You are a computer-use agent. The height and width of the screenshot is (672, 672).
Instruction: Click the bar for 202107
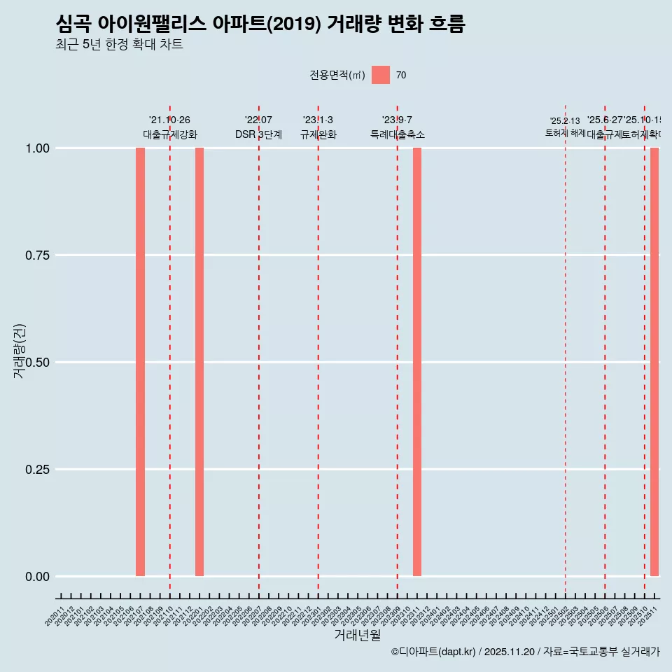140,362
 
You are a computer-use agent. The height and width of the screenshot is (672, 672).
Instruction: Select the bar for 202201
199,362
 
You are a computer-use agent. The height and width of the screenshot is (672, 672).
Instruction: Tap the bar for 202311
417,362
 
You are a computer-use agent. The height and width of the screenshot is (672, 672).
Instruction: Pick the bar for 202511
654,362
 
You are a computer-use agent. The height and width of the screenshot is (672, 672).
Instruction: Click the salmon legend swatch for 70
381,75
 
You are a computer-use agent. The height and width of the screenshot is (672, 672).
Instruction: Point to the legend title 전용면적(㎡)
337,75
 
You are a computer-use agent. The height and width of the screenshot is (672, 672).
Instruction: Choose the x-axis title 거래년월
357,635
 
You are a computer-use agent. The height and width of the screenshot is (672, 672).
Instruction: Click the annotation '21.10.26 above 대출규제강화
169,120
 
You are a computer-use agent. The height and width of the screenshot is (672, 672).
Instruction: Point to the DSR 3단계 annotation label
258,134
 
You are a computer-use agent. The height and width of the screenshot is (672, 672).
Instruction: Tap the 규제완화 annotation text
318,134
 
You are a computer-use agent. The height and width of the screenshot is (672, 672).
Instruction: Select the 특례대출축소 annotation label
398,134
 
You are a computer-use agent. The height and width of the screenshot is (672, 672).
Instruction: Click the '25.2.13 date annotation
565,121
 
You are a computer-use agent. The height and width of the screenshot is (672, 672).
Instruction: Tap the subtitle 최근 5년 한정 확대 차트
119,45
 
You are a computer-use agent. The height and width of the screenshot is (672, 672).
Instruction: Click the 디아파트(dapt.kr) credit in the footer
434,652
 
